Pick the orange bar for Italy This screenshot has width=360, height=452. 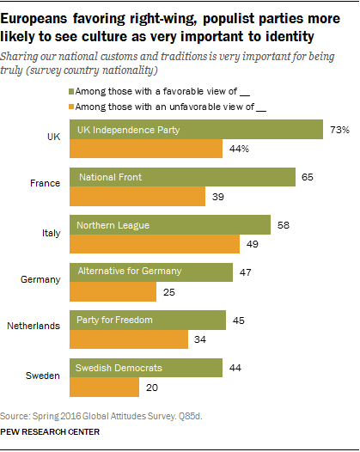154,245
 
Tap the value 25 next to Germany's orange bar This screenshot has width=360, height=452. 168,291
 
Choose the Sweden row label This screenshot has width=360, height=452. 40,376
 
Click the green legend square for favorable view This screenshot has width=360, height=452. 70,89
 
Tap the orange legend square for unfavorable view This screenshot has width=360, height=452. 70,106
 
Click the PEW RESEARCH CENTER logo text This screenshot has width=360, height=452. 51,432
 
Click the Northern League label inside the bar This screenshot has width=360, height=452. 113,225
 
